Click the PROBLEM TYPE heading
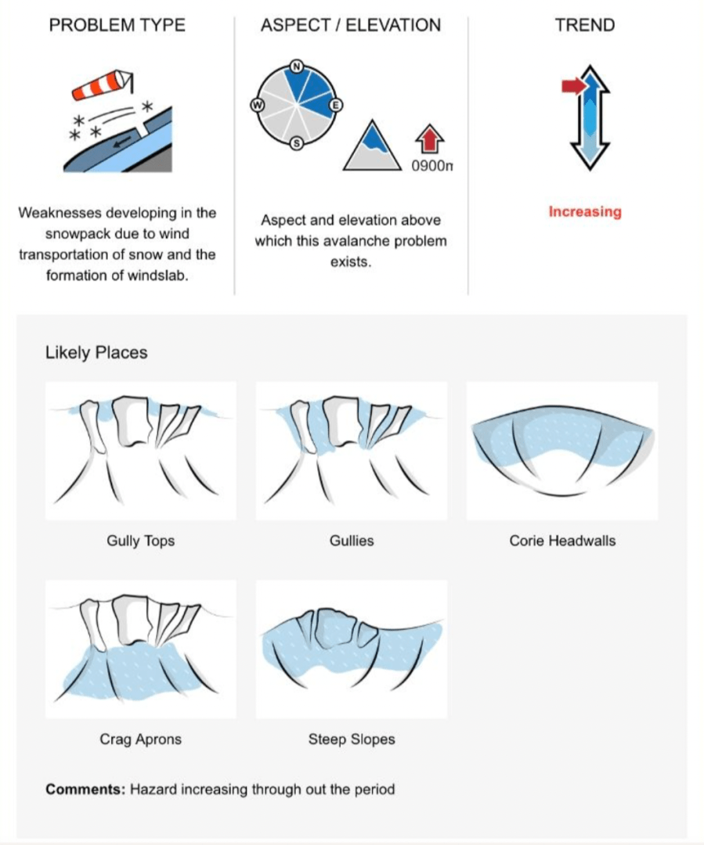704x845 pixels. [117, 25]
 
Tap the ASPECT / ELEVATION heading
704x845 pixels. [351, 25]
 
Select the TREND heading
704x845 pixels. [585, 25]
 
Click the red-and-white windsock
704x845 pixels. [102, 84]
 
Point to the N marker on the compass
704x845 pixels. [297, 67]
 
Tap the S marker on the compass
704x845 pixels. [296, 143]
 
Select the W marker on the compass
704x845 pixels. [256, 106]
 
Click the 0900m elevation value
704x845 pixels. [433, 166]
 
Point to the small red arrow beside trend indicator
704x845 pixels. [573, 86]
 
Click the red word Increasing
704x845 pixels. [584, 212]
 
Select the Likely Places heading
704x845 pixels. [96, 353]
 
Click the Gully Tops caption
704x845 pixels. [141, 541]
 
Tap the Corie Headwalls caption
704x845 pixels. [562, 541]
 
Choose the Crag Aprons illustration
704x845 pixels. [141, 649]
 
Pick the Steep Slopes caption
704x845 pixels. [352, 739]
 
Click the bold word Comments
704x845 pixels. [85, 789]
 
